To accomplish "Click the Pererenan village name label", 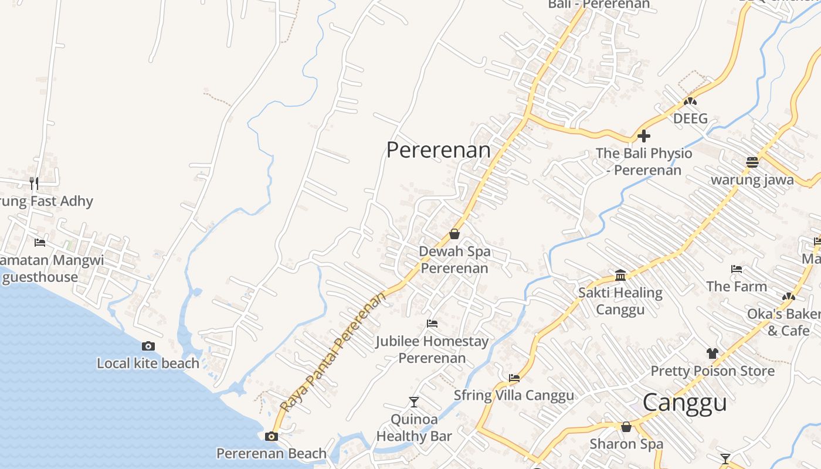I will point(438,149).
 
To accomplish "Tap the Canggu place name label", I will point(684,403).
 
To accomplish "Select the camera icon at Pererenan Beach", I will point(271,436).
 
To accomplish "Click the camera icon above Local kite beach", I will point(148,346).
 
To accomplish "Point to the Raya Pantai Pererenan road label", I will point(333,351).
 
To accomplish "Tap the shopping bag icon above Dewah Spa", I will point(454,234).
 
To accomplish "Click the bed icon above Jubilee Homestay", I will point(432,324).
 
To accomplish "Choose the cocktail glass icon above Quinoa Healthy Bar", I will point(414,402).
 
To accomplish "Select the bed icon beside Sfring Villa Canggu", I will point(514,378).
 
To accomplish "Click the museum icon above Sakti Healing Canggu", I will point(620,275).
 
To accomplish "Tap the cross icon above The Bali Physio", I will point(644,136).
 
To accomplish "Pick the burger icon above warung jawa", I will point(752,162).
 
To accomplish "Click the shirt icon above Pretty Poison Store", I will point(712,353).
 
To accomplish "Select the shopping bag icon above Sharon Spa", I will point(626,426).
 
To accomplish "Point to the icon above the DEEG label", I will point(690,101).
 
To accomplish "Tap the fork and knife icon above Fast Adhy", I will point(34,183).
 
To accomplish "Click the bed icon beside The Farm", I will point(737,269).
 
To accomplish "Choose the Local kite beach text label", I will point(148,363).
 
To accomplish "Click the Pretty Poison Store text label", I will point(712,371).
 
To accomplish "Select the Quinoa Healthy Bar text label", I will point(414,428).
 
